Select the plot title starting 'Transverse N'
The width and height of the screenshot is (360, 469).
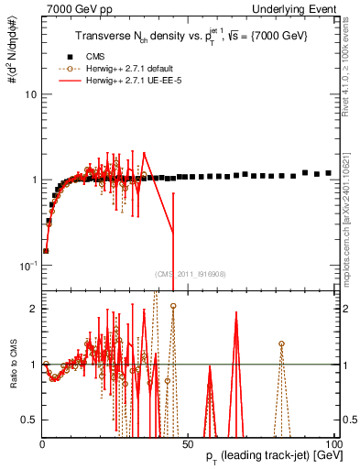click(191, 35)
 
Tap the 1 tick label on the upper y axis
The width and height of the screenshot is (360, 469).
click(33, 180)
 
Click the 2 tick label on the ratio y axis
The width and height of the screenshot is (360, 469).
click(33, 309)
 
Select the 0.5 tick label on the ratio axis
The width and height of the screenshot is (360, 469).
click(29, 420)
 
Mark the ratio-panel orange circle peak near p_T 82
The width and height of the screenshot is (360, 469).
click(281, 344)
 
